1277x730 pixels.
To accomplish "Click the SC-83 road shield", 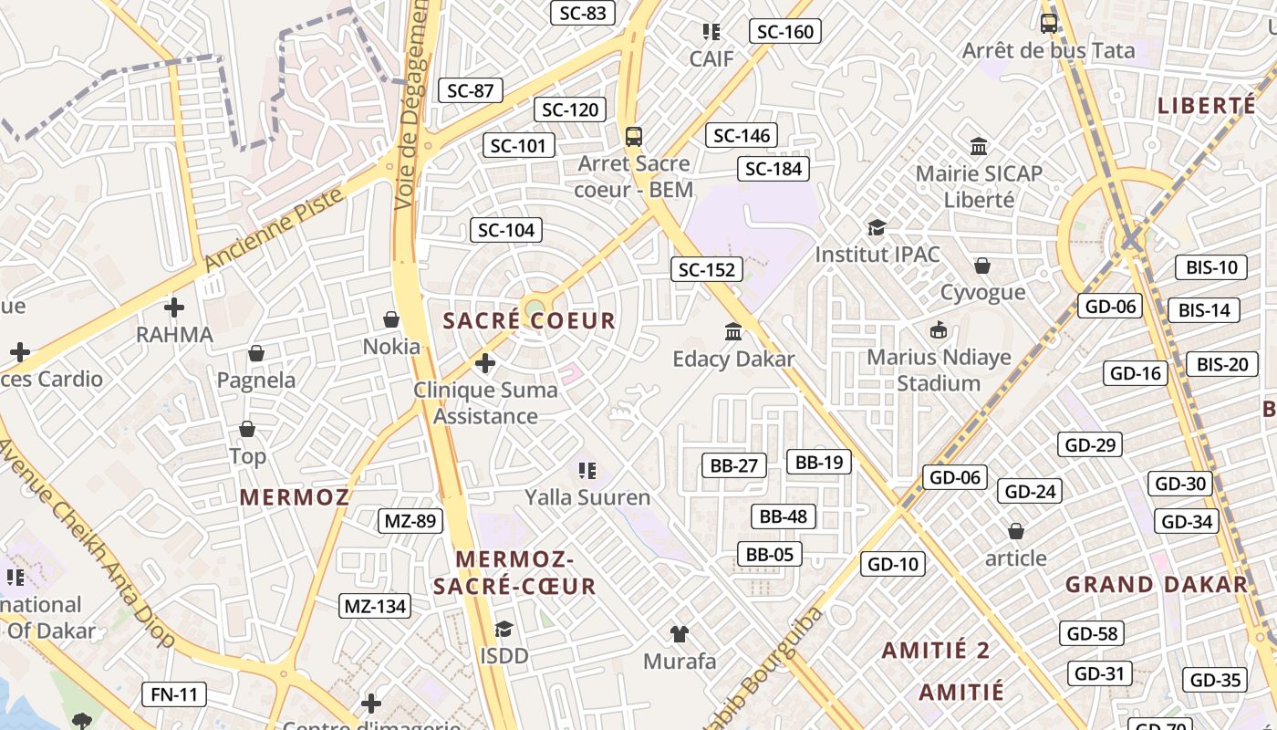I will click(583, 13).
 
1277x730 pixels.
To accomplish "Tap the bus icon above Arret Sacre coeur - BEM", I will click(634, 137).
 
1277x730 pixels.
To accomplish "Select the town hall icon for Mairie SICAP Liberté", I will click(980, 146).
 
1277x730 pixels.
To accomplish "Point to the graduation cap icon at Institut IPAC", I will click(877, 227).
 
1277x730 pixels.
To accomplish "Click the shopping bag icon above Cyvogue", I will click(982, 266).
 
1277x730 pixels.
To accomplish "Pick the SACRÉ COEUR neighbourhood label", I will click(529, 321).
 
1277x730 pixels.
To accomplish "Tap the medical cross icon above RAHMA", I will click(174, 308).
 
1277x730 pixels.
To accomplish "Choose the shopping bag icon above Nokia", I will click(391, 319).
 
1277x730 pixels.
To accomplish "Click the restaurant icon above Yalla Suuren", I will click(587, 471).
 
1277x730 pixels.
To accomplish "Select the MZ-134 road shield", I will click(375, 606).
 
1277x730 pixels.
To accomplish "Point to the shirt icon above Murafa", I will click(680, 633).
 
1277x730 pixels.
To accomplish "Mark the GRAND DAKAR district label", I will click(1157, 585).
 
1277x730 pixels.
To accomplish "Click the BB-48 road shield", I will click(784, 516).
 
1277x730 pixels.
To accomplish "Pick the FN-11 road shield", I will click(174, 694).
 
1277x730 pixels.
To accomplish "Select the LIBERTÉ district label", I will click(1207, 106).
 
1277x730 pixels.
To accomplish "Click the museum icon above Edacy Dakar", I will click(733, 331).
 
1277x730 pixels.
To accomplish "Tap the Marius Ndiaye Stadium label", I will click(939, 370).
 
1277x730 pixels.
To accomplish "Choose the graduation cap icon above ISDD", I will click(504, 629).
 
